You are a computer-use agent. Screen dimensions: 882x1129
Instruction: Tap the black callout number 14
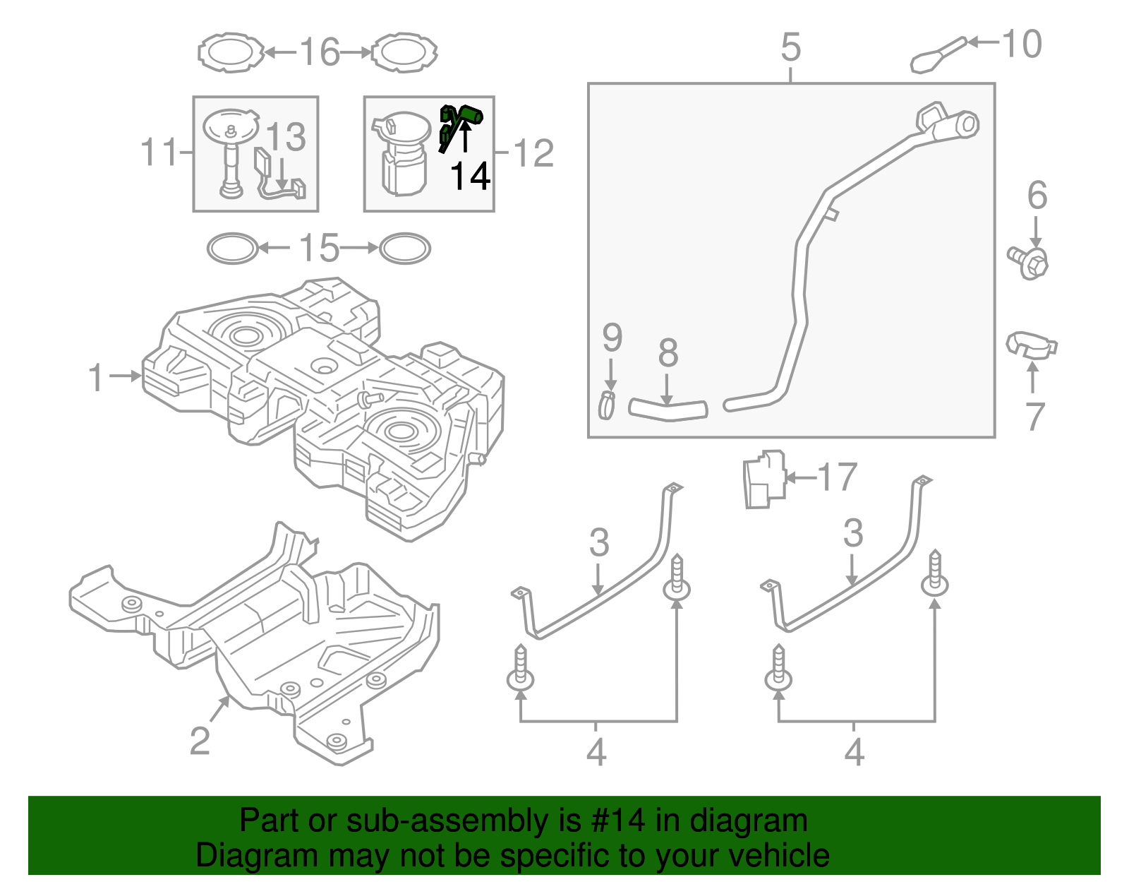(470, 177)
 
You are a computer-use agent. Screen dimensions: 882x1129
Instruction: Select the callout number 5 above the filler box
(791, 47)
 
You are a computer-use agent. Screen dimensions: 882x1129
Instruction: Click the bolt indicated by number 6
(1029, 262)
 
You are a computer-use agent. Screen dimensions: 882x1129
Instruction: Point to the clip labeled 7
(1030, 345)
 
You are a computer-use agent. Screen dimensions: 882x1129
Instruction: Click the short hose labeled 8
(668, 409)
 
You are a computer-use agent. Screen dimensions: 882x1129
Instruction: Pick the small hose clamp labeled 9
(607, 405)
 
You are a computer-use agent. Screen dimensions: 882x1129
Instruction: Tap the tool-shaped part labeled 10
(937, 54)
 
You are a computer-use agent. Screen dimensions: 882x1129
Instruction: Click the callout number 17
(837, 477)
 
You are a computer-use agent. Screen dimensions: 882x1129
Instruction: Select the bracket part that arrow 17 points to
(764, 479)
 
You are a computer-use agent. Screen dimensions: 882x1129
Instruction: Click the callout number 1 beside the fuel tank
(97, 378)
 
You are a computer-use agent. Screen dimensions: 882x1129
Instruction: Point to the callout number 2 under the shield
(200, 741)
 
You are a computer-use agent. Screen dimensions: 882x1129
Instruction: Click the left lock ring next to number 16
(230, 52)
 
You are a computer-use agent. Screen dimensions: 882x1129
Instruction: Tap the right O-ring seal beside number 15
(404, 249)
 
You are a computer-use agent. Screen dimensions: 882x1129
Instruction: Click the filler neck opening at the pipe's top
(967, 125)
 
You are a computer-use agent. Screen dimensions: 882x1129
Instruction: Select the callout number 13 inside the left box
(286, 137)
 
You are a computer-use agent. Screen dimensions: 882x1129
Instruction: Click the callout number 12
(534, 153)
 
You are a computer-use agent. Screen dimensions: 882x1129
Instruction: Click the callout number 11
(159, 152)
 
